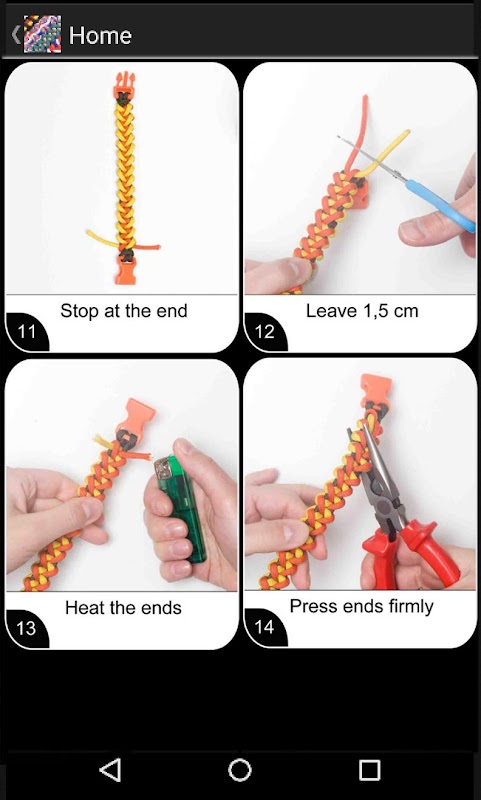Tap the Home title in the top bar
click(x=100, y=35)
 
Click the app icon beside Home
click(x=42, y=34)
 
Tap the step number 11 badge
click(x=27, y=332)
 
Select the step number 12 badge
click(x=265, y=332)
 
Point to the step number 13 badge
click(x=27, y=628)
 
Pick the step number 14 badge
click(x=265, y=627)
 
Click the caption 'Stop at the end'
click(x=124, y=311)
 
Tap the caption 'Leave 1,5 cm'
click(x=362, y=311)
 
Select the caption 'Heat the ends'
click(x=123, y=608)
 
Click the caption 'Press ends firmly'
click(x=362, y=606)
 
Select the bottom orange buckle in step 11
click(x=125, y=270)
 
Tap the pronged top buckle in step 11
click(x=123, y=85)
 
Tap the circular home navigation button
click(x=240, y=770)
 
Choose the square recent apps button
click(x=370, y=770)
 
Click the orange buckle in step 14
click(x=376, y=390)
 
